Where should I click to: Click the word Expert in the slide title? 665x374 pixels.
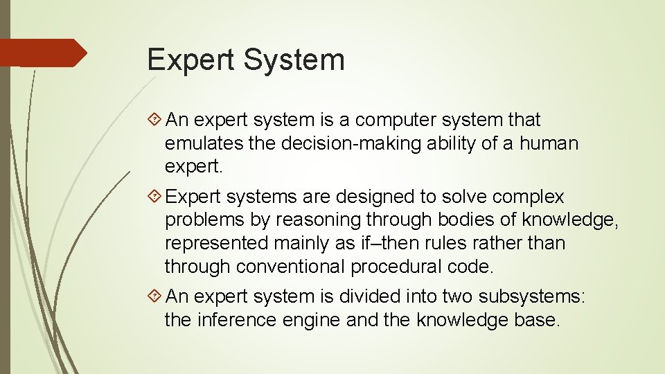coord(190,60)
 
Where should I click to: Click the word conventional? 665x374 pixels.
coord(290,267)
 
